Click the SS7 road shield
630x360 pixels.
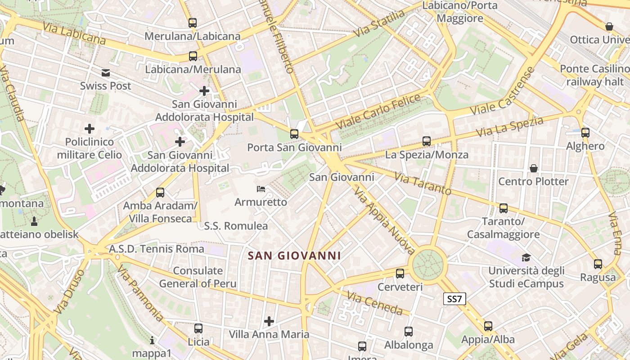(x=454, y=299)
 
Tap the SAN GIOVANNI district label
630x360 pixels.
(x=294, y=256)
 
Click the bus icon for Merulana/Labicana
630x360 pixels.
(x=193, y=22)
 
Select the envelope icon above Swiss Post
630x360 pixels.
(x=106, y=73)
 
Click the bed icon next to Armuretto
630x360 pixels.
(x=261, y=189)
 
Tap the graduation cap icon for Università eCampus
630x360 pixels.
(x=526, y=257)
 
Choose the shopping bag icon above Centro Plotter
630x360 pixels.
(x=534, y=168)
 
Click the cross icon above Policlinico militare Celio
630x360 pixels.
(x=90, y=129)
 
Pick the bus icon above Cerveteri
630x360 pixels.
(x=400, y=273)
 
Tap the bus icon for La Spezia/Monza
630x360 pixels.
(x=427, y=141)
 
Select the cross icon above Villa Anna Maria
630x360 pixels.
(x=269, y=321)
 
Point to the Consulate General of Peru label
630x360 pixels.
(x=198, y=277)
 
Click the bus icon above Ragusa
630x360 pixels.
(x=598, y=264)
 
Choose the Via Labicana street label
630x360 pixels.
(x=75, y=33)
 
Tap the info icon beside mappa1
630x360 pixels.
(x=152, y=340)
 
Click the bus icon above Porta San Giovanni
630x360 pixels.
(x=294, y=134)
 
